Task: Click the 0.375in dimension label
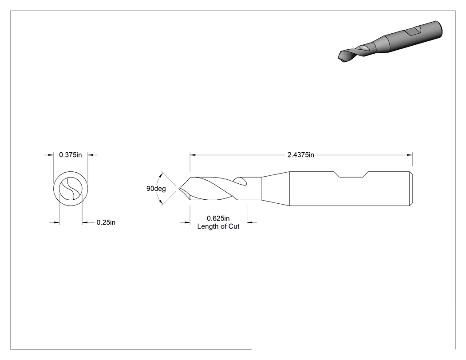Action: click(x=71, y=155)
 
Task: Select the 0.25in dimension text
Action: click(x=106, y=222)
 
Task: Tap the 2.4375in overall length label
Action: click(x=300, y=155)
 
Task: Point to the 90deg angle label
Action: click(x=156, y=189)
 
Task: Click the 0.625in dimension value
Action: click(x=218, y=218)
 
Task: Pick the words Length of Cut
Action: click(x=218, y=226)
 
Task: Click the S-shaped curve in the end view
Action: click(x=71, y=189)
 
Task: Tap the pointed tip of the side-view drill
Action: click(x=179, y=188)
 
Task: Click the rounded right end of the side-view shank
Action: click(x=411, y=189)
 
